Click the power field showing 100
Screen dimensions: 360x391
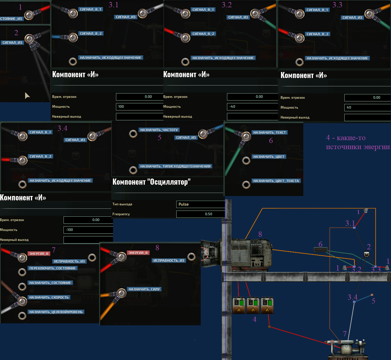[139, 107]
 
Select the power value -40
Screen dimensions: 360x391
[252, 107]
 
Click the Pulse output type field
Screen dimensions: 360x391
[200, 204]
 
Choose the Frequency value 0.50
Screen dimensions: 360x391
[200, 214]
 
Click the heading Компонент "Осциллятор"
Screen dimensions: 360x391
[152, 182]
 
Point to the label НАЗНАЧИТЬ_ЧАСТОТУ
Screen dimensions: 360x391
[159, 130]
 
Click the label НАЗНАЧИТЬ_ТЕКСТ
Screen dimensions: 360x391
[270, 133]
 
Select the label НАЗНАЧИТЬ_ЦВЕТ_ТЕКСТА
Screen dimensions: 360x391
[276, 181]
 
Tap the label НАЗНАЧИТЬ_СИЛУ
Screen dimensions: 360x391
[144, 289]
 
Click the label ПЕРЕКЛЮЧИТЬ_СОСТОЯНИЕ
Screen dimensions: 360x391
[52, 268]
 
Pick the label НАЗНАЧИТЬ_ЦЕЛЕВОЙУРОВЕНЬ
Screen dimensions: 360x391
[56, 312]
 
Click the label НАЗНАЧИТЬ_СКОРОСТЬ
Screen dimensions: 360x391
[49, 297]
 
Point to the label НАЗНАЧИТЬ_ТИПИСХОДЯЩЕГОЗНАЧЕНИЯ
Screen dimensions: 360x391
[175, 166]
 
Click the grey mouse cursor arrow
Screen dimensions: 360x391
[27, 95]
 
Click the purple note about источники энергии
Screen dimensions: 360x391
[357, 142]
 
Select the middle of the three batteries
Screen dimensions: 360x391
[253, 305]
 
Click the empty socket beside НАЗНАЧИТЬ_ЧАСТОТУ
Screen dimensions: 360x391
[133, 134]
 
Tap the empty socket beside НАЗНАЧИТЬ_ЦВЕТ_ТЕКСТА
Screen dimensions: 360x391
[246, 185]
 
